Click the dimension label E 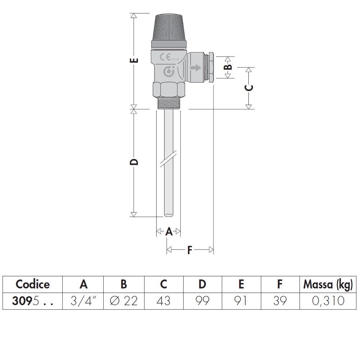tap(134, 60)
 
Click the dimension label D tap(134, 162)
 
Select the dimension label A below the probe tap(168, 232)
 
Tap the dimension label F tap(190, 249)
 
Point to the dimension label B tap(227, 67)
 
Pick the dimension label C tap(249, 87)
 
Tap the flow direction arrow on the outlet tap(195, 68)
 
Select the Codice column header tap(33, 284)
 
